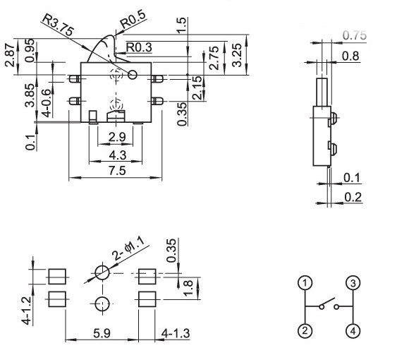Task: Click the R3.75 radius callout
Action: [58, 25]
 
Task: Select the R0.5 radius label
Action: [133, 20]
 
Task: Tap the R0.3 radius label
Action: [139, 47]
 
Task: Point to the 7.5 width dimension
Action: [117, 171]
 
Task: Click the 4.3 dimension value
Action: [118, 155]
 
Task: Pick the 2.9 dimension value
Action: [117, 137]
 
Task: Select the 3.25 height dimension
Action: [237, 55]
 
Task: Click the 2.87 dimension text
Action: [10, 55]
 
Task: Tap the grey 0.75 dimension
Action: [355, 35]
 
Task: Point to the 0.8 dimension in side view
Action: [350, 56]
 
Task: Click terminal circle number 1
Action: [305, 282]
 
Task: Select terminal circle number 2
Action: [305, 331]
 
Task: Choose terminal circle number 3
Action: [353, 282]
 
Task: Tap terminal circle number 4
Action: [353, 331]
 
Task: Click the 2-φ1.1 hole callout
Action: [128, 249]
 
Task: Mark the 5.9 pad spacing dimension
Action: [102, 333]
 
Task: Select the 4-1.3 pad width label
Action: [176, 333]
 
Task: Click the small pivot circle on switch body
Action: [133, 75]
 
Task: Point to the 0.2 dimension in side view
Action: [353, 197]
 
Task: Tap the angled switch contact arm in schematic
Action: [328, 301]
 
